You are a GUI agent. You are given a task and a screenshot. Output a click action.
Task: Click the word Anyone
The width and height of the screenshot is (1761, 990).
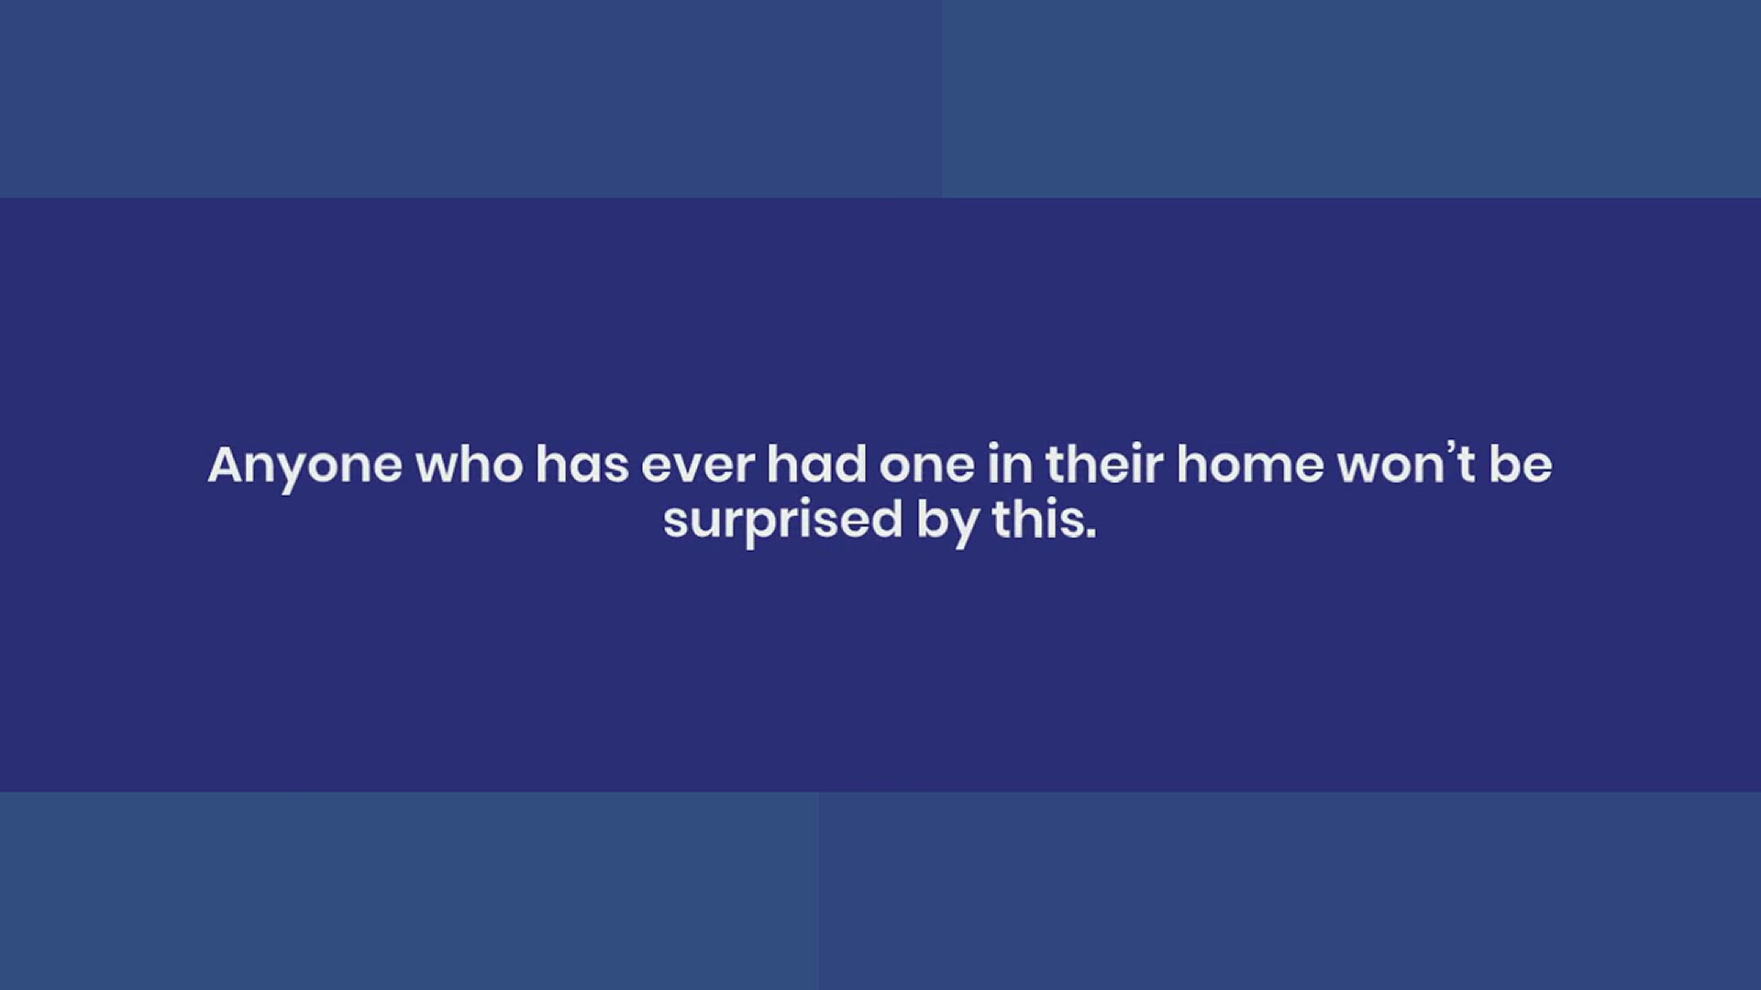pos(305,467)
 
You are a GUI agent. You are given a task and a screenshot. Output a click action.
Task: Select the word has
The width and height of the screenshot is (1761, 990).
pos(582,464)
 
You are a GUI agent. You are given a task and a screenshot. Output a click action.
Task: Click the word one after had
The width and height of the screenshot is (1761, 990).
pos(927,467)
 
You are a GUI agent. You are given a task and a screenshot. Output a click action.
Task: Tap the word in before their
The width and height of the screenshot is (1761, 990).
pos(1011,464)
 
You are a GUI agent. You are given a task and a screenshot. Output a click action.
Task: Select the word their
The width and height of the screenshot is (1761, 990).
pos(1104,464)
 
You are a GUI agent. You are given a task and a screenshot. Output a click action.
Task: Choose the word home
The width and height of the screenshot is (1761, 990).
pos(1250,464)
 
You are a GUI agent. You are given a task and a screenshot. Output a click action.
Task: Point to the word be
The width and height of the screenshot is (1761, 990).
pos(1520,464)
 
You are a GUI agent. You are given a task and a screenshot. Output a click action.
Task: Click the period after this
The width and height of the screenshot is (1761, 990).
pos(1091,534)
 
